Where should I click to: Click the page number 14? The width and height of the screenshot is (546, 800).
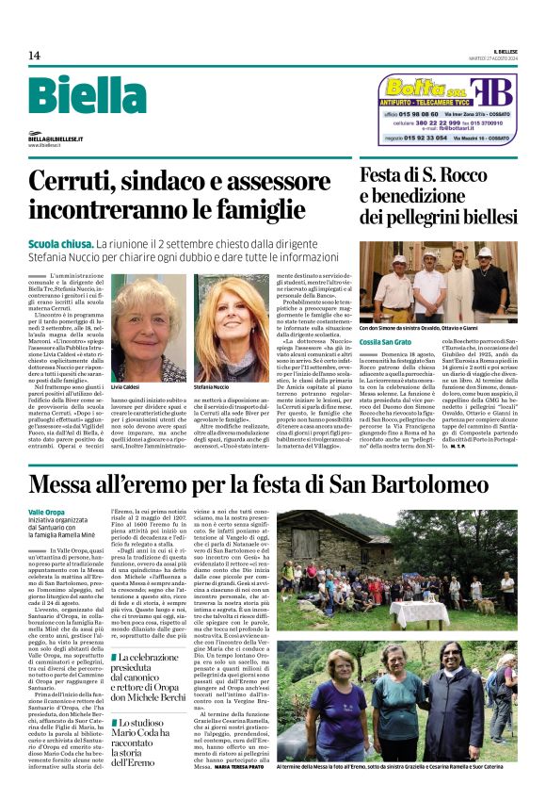[34, 56]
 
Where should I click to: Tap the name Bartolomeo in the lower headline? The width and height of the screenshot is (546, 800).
[442, 484]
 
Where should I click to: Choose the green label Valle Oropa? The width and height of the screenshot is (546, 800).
[46, 512]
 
